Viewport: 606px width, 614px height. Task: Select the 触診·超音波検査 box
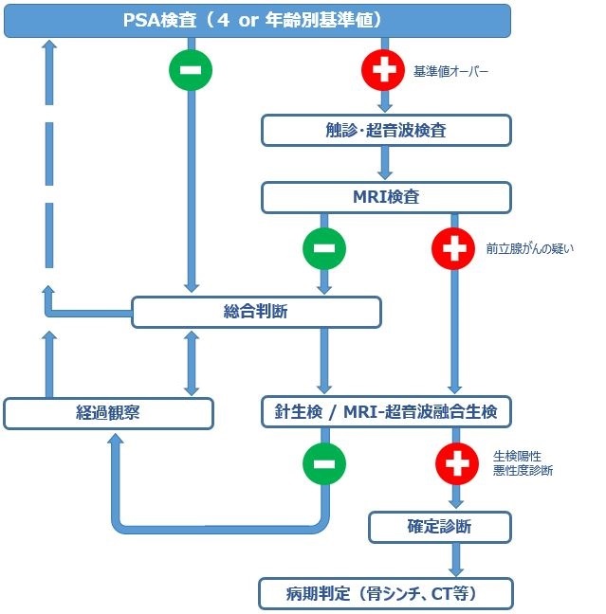[386, 130]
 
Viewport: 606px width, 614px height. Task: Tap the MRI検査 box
[386, 197]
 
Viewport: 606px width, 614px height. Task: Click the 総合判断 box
[256, 311]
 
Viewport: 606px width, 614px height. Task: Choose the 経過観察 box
[108, 413]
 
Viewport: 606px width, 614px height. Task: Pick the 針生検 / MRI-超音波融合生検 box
[386, 411]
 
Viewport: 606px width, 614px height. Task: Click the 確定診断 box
[440, 526]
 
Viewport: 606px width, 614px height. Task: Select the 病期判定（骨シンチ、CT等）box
[386, 593]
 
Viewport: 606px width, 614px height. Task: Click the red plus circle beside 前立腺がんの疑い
[453, 249]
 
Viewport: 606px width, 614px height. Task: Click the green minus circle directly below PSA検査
[191, 69]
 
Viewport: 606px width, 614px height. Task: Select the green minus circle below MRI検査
[324, 249]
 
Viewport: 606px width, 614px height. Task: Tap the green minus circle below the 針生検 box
[324, 463]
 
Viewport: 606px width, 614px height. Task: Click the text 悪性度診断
[523, 471]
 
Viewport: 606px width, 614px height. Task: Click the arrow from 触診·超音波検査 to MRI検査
[386, 163]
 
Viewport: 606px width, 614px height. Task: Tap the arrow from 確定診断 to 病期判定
[457, 560]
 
